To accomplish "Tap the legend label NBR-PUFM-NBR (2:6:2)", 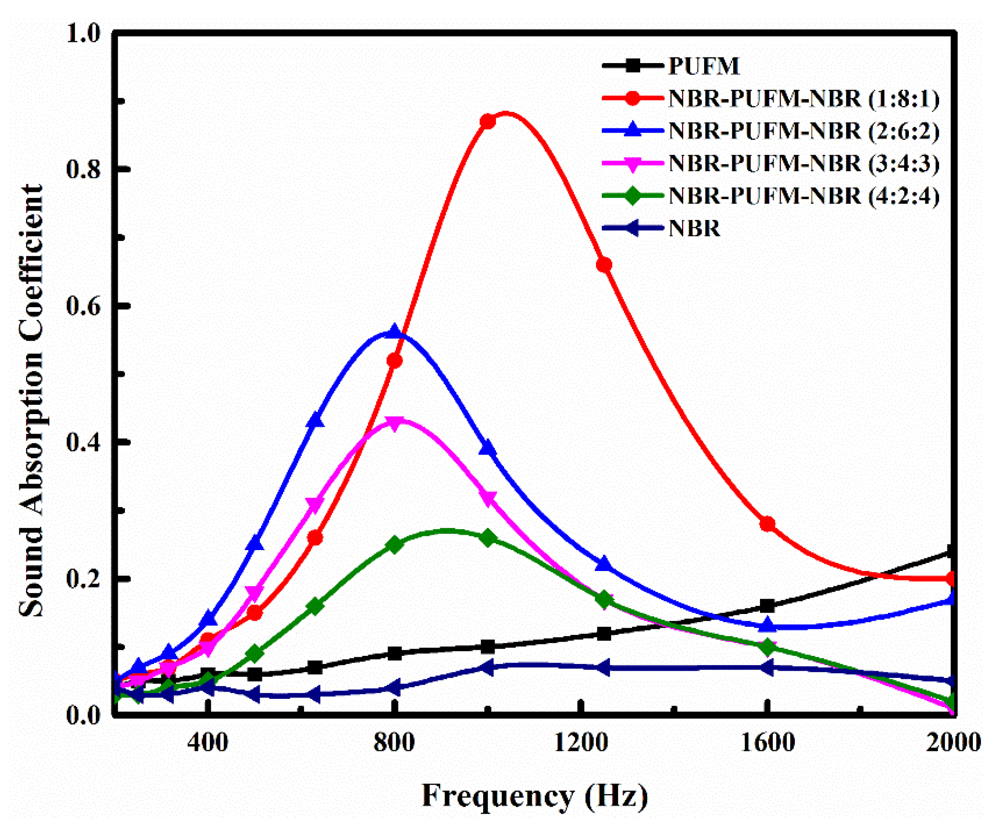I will click(803, 131).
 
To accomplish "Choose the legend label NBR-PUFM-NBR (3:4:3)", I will click(803, 163).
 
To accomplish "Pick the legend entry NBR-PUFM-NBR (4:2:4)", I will click(803, 196).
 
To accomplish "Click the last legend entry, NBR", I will click(693, 228).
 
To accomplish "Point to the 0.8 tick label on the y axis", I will click(84, 170).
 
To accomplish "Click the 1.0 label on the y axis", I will click(84, 34).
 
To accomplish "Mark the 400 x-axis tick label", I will click(208, 742).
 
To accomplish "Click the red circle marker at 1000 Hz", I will click(488, 122).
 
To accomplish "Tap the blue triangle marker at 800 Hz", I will click(394, 332).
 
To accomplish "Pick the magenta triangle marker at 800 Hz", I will click(394, 422).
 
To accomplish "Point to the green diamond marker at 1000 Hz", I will click(488, 538).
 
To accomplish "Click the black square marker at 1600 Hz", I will click(768, 606).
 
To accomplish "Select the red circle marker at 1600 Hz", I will click(768, 524).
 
